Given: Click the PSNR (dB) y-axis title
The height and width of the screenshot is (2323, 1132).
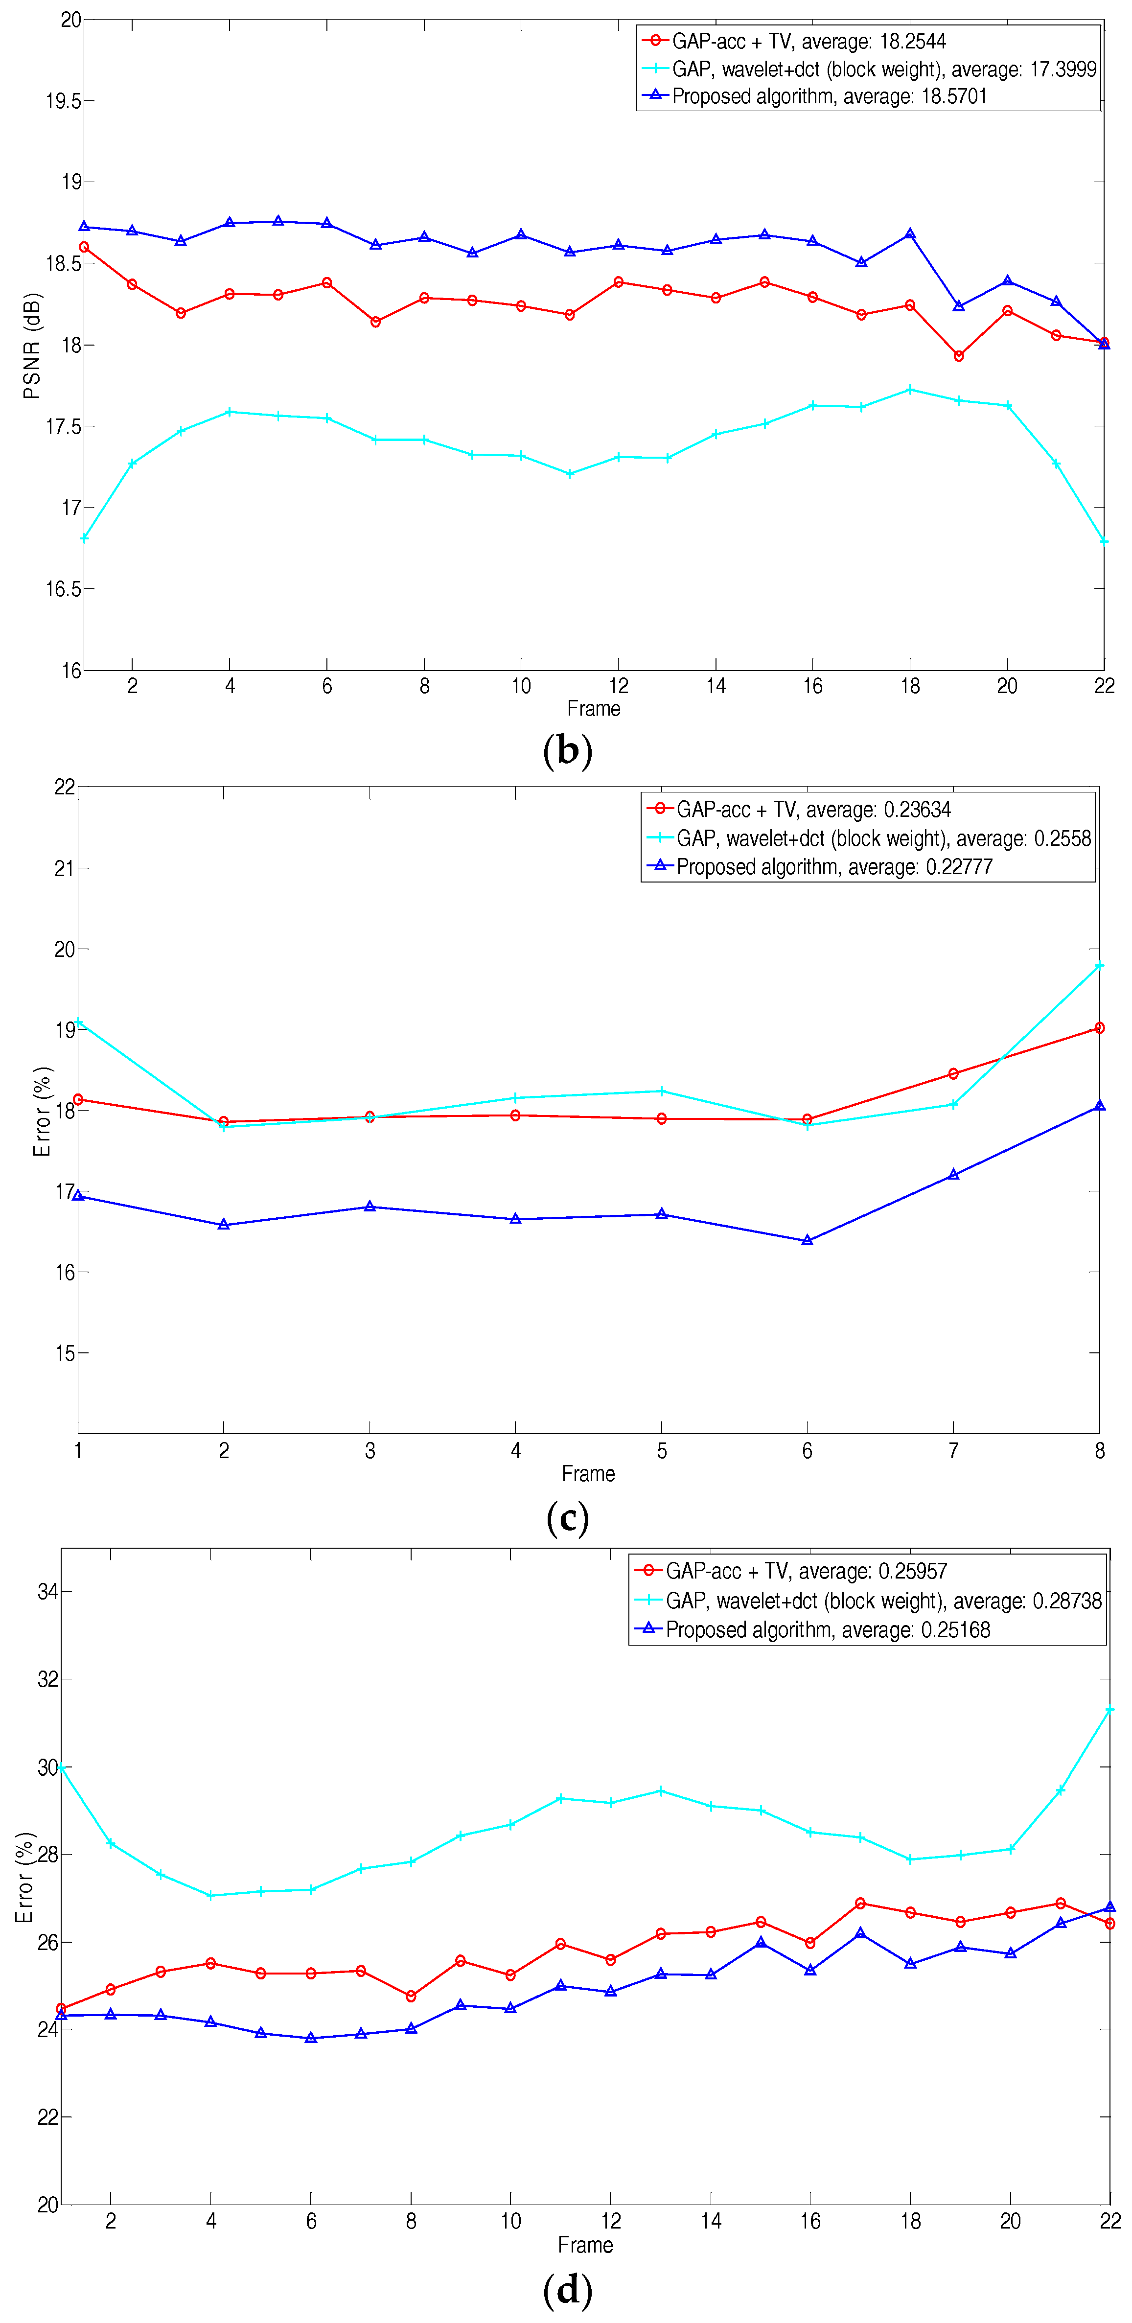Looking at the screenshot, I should click(x=32, y=346).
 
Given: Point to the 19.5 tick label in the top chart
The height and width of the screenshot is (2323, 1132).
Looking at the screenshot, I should click(x=63, y=101).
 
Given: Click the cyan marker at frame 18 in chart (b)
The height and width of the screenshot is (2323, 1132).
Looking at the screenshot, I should click(x=910, y=390).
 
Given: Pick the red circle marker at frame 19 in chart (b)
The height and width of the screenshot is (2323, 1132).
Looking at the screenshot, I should click(x=959, y=356).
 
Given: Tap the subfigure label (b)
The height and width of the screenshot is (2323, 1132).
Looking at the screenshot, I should click(x=567, y=750).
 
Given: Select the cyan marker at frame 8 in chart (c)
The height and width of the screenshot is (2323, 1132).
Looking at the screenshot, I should click(x=1099, y=966).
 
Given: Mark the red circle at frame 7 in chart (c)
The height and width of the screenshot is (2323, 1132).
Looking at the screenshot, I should click(x=953, y=1073).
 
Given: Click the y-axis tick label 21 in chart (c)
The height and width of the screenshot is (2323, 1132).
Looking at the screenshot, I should click(x=64, y=868).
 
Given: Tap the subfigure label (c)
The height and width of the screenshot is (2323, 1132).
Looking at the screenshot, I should click(x=567, y=1518).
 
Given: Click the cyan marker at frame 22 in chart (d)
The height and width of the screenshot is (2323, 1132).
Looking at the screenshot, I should click(x=1109, y=1710).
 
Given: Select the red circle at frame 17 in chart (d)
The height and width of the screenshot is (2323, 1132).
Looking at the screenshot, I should click(x=860, y=1904).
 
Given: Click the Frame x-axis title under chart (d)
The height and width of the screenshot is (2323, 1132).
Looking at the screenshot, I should click(x=585, y=2245).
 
